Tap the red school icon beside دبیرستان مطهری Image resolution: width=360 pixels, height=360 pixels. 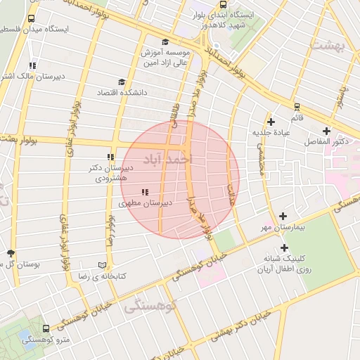pyautogui.click(x=145, y=192)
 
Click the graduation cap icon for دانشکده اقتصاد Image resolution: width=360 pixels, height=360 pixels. pyautogui.click(x=122, y=82)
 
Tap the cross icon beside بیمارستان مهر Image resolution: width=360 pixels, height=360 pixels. pyautogui.click(x=283, y=217)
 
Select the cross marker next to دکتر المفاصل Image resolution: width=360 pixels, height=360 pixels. pyautogui.click(x=326, y=131)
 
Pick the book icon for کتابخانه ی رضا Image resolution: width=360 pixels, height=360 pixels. pyautogui.click(x=103, y=265)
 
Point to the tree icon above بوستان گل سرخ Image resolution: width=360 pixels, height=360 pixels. pyautogui.click(x=10, y=253)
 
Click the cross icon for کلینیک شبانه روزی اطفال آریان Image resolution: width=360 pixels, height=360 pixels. pyautogui.click(x=284, y=247)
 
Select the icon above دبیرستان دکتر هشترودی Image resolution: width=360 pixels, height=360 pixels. pyautogui.click(x=110, y=157)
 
